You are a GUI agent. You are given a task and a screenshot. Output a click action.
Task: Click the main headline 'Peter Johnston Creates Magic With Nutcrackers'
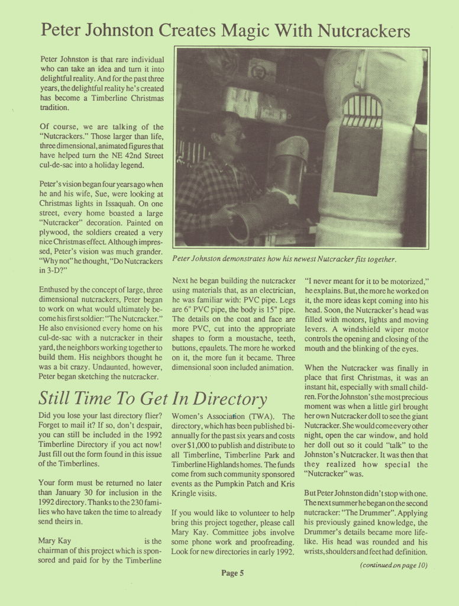(225, 30)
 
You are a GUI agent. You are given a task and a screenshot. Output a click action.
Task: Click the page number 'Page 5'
(233, 573)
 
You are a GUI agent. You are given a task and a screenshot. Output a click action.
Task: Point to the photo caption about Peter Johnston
(284, 259)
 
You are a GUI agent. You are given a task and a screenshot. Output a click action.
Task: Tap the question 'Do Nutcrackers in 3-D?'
(104, 266)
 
